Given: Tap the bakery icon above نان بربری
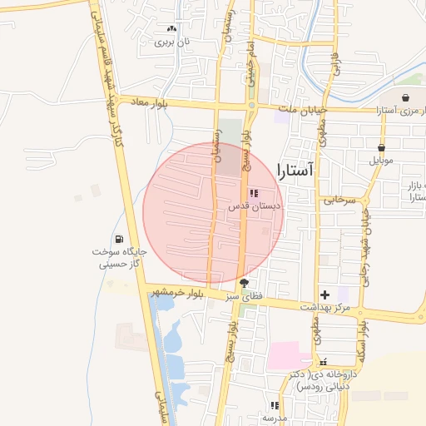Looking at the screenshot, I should coord(172,27).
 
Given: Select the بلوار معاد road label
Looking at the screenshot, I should coord(151,102).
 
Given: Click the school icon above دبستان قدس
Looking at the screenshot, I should coord(253,192).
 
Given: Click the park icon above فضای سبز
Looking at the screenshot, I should coord(244,283).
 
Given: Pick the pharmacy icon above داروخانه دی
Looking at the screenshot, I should coord(324,362).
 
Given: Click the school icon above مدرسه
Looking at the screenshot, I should coord(273,405).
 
